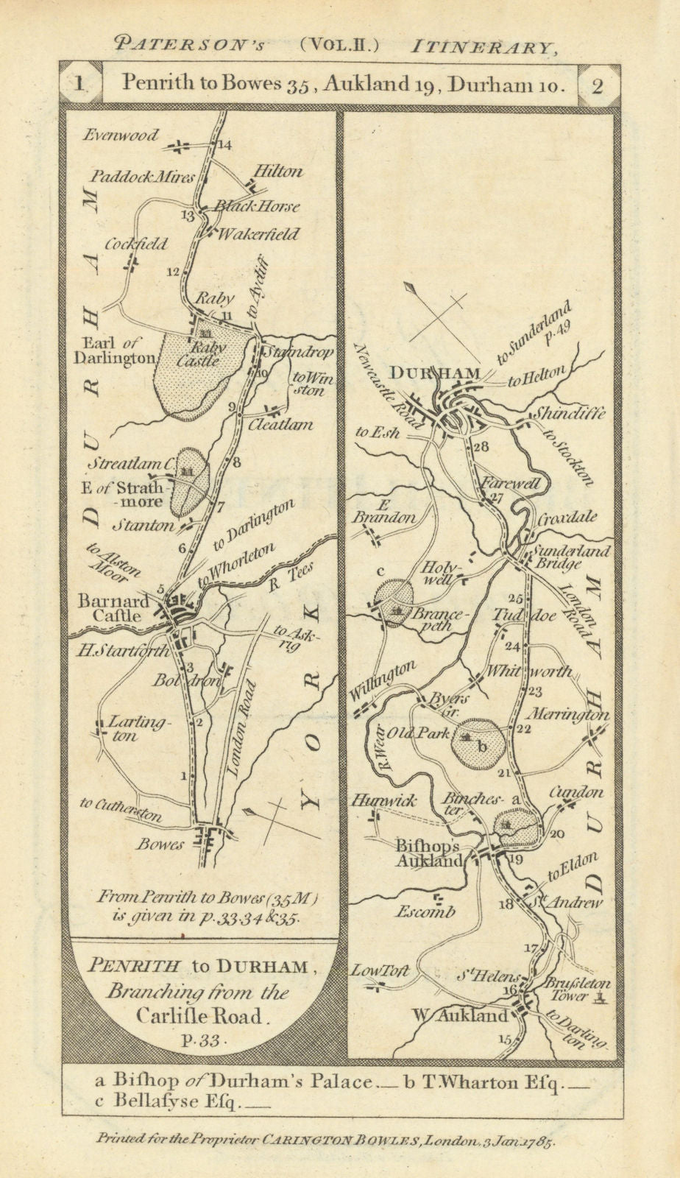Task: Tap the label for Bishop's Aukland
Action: (x=428, y=854)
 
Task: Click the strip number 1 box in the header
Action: (x=79, y=83)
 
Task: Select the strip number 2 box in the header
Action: (x=598, y=85)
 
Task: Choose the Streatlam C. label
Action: (x=132, y=464)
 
